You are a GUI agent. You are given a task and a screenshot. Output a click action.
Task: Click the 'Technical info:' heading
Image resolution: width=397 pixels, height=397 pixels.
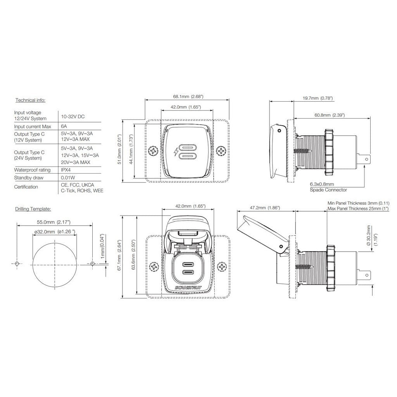coord(30,100)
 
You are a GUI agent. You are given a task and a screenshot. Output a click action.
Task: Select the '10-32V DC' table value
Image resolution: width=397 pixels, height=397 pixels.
coord(73,116)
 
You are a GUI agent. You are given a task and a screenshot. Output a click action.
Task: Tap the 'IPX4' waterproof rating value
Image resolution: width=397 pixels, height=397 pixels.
coord(66,170)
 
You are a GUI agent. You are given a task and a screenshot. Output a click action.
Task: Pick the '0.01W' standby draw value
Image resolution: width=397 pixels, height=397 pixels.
coord(68,178)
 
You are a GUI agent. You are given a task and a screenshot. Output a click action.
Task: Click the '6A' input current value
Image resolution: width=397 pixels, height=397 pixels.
coord(64,126)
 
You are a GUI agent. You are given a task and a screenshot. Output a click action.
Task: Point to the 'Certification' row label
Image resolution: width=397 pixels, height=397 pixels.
coord(26,187)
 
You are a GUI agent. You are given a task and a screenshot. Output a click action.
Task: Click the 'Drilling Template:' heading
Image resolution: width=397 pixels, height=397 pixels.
coord(33,209)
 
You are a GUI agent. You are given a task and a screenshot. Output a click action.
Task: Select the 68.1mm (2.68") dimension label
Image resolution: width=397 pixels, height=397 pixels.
coord(188,97)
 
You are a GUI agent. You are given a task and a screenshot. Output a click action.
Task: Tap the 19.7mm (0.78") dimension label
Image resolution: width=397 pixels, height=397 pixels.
coord(318,98)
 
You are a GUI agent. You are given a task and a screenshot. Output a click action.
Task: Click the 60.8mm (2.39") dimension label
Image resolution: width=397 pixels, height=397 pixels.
coord(330,115)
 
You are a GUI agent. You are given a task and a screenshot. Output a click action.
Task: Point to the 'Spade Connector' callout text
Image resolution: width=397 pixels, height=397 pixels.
coord(328,190)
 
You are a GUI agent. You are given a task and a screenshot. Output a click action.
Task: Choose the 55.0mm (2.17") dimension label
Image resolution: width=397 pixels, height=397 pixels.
coord(54,222)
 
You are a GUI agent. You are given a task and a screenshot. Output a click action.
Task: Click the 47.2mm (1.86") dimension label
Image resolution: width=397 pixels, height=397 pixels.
coord(265,208)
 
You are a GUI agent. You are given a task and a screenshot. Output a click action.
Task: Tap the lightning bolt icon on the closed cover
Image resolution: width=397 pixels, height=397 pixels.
coord(176,152)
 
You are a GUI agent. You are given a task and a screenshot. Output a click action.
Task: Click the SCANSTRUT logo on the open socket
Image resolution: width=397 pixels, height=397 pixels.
coord(188,287)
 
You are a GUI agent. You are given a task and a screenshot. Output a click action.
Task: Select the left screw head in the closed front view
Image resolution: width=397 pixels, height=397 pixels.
coord(154,151)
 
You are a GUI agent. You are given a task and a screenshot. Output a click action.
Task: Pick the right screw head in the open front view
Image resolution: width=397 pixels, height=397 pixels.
coord(222,267)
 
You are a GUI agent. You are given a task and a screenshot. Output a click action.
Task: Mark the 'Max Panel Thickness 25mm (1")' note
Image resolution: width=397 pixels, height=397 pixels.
coord(358,209)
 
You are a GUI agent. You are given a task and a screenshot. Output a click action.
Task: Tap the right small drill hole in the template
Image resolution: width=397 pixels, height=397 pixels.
coord(92,264)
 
